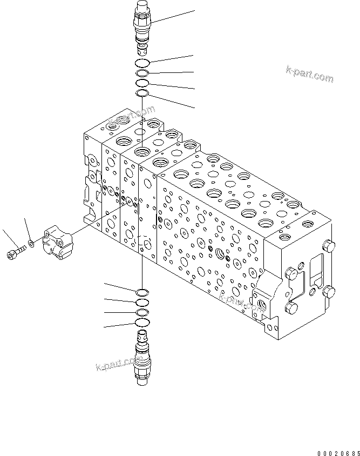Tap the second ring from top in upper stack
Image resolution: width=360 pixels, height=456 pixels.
pos(142,73)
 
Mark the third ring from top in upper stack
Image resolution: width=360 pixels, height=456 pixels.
pos(142,83)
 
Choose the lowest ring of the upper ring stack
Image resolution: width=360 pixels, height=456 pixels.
pos(142,93)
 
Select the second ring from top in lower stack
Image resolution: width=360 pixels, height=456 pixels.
pos(142,302)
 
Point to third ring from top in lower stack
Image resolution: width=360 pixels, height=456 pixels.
pos(142,313)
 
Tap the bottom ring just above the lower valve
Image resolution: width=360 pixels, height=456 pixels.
pos(142,323)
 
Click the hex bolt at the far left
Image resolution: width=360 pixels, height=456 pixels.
pos(15,252)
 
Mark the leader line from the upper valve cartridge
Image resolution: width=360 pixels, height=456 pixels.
pos(173,16)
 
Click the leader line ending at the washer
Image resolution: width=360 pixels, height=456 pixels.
pos(27,230)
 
